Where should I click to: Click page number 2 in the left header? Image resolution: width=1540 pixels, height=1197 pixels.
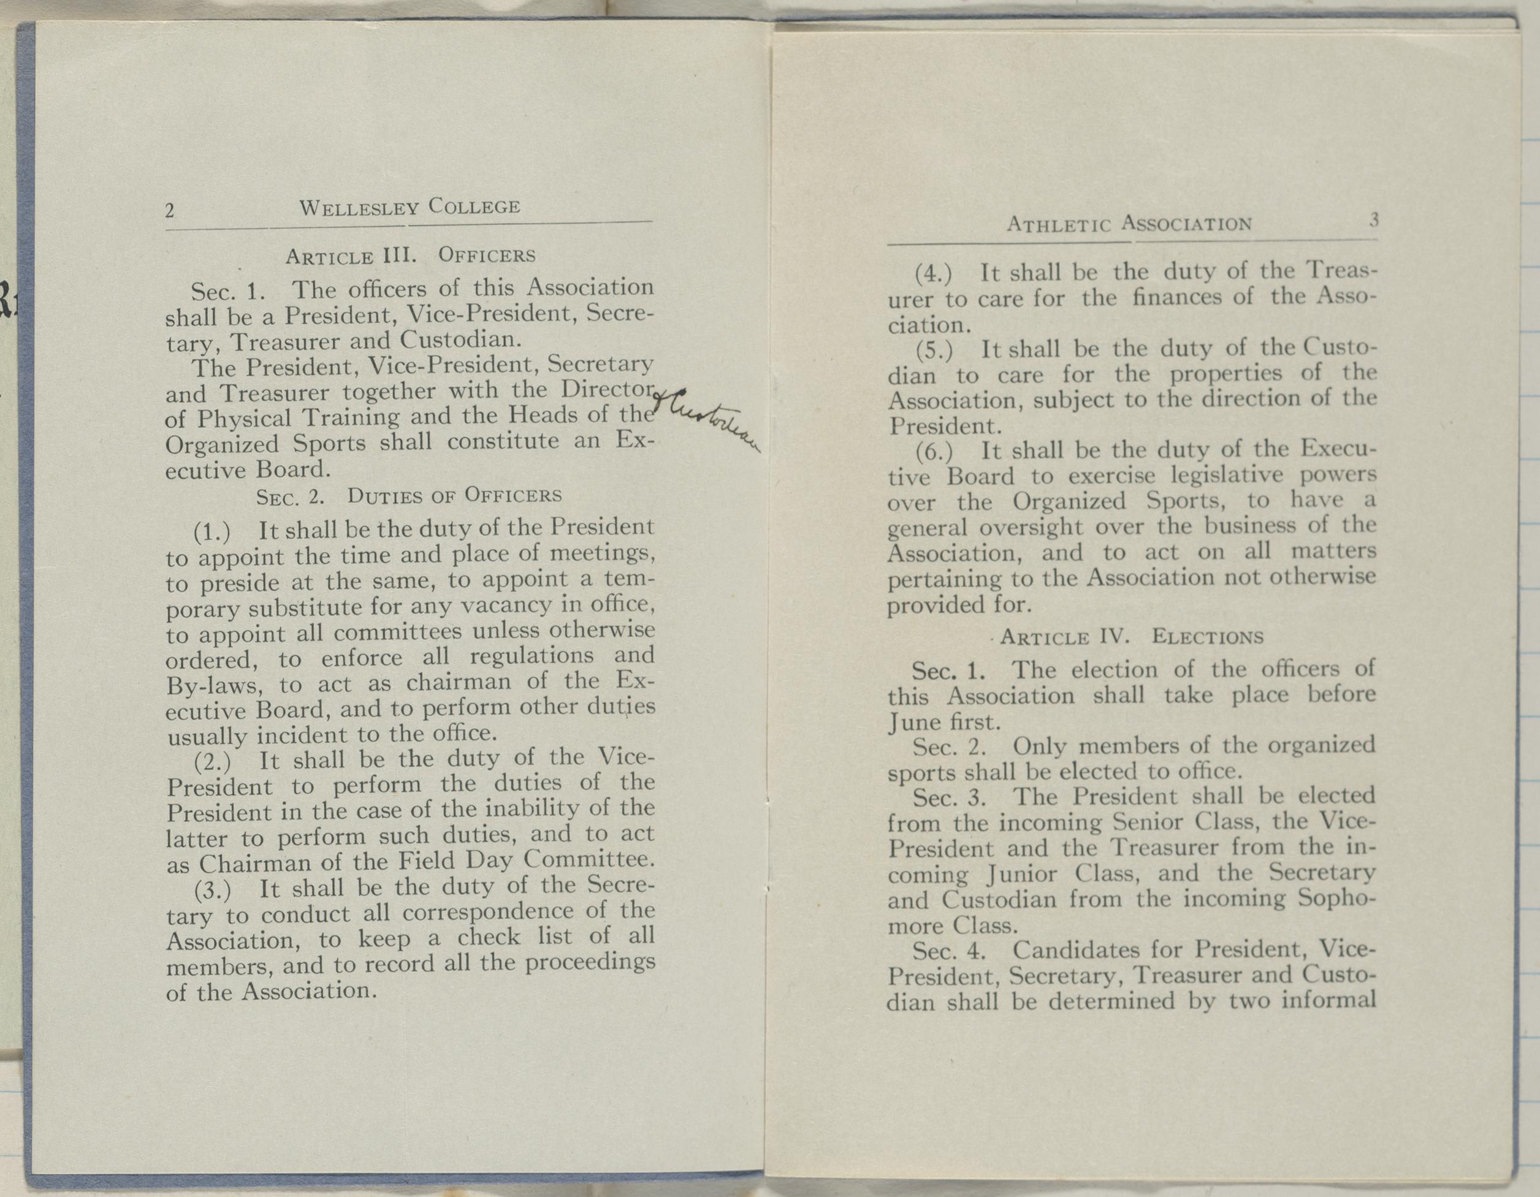click(170, 210)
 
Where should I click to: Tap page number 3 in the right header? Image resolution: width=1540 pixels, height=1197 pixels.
click(1374, 220)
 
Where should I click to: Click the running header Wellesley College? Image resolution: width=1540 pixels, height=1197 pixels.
click(410, 207)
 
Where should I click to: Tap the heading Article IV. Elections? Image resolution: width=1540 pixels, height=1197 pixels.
click(1131, 637)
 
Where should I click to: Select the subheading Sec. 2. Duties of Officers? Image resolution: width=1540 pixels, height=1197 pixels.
click(409, 496)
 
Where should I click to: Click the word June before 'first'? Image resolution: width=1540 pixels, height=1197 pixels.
click(915, 723)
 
